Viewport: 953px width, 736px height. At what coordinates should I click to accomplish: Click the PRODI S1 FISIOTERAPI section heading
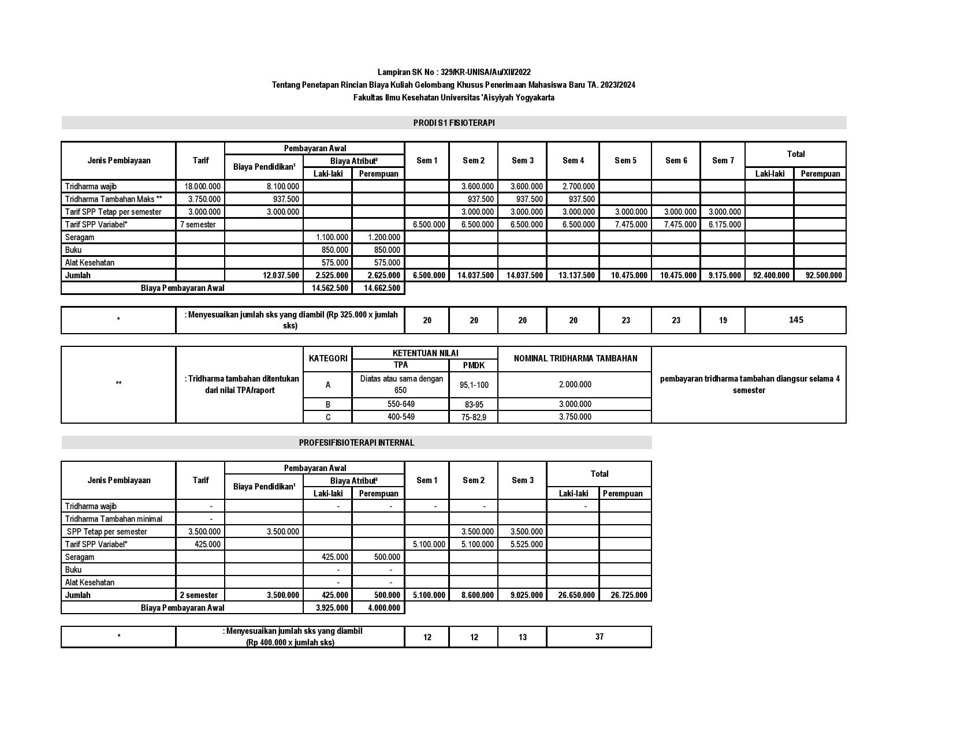[x=453, y=123]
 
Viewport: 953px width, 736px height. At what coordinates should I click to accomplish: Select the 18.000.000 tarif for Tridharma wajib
[x=202, y=186]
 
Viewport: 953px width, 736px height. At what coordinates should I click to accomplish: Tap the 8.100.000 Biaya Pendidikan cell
[x=283, y=186]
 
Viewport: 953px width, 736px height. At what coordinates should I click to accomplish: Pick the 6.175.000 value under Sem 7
[x=724, y=225]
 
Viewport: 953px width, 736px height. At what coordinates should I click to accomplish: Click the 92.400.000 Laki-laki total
[x=771, y=275]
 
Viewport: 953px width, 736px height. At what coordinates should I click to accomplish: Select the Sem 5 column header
[x=626, y=160]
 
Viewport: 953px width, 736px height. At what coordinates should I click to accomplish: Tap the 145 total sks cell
[x=795, y=320]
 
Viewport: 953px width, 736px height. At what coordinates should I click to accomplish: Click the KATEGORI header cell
[x=327, y=358]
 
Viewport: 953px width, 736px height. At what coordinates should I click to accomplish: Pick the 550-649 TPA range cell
[x=401, y=404]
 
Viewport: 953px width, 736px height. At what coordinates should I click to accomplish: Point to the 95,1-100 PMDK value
[x=474, y=384]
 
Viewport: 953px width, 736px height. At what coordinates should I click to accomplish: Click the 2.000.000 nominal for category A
[x=575, y=384]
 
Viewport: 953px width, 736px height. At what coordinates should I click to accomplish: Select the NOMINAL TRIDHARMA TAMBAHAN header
[x=575, y=358]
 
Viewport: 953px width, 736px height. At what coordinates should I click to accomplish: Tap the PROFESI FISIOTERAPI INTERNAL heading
[x=356, y=443]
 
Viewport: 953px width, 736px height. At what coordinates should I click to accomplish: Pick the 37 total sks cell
[x=599, y=637]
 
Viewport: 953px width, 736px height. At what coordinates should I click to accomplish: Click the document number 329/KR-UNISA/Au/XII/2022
[x=485, y=72]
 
